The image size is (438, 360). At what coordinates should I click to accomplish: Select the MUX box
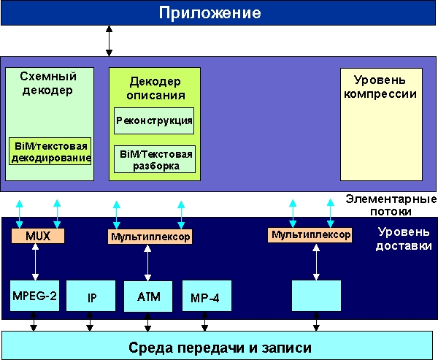tap(38, 236)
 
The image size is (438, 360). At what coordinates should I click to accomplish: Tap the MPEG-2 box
tap(35, 296)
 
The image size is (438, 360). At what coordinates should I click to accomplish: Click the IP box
tap(91, 298)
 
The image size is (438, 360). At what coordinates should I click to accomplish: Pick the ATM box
tap(148, 296)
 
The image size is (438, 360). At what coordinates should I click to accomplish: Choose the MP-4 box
tap(206, 296)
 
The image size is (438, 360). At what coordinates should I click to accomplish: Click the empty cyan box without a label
tap(315, 296)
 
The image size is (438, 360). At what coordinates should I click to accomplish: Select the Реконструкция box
tap(153, 120)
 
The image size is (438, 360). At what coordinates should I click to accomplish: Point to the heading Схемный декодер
tap(48, 83)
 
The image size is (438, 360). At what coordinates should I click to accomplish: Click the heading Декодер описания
tap(154, 88)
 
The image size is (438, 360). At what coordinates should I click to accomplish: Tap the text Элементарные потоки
tap(391, 205)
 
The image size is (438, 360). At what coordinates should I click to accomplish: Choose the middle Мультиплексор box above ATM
tap(150, 237)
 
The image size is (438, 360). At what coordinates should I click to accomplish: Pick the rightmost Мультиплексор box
tap(310, 235)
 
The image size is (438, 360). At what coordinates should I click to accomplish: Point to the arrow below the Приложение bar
tap(109, 41)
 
